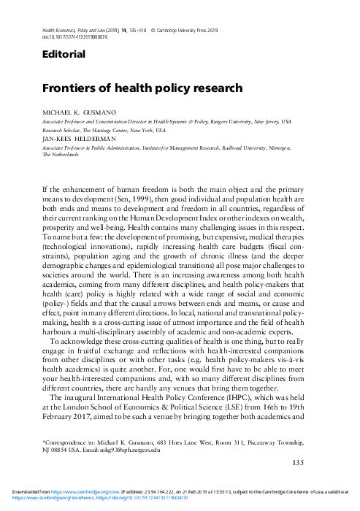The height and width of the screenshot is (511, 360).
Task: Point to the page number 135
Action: tap(298, 462)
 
